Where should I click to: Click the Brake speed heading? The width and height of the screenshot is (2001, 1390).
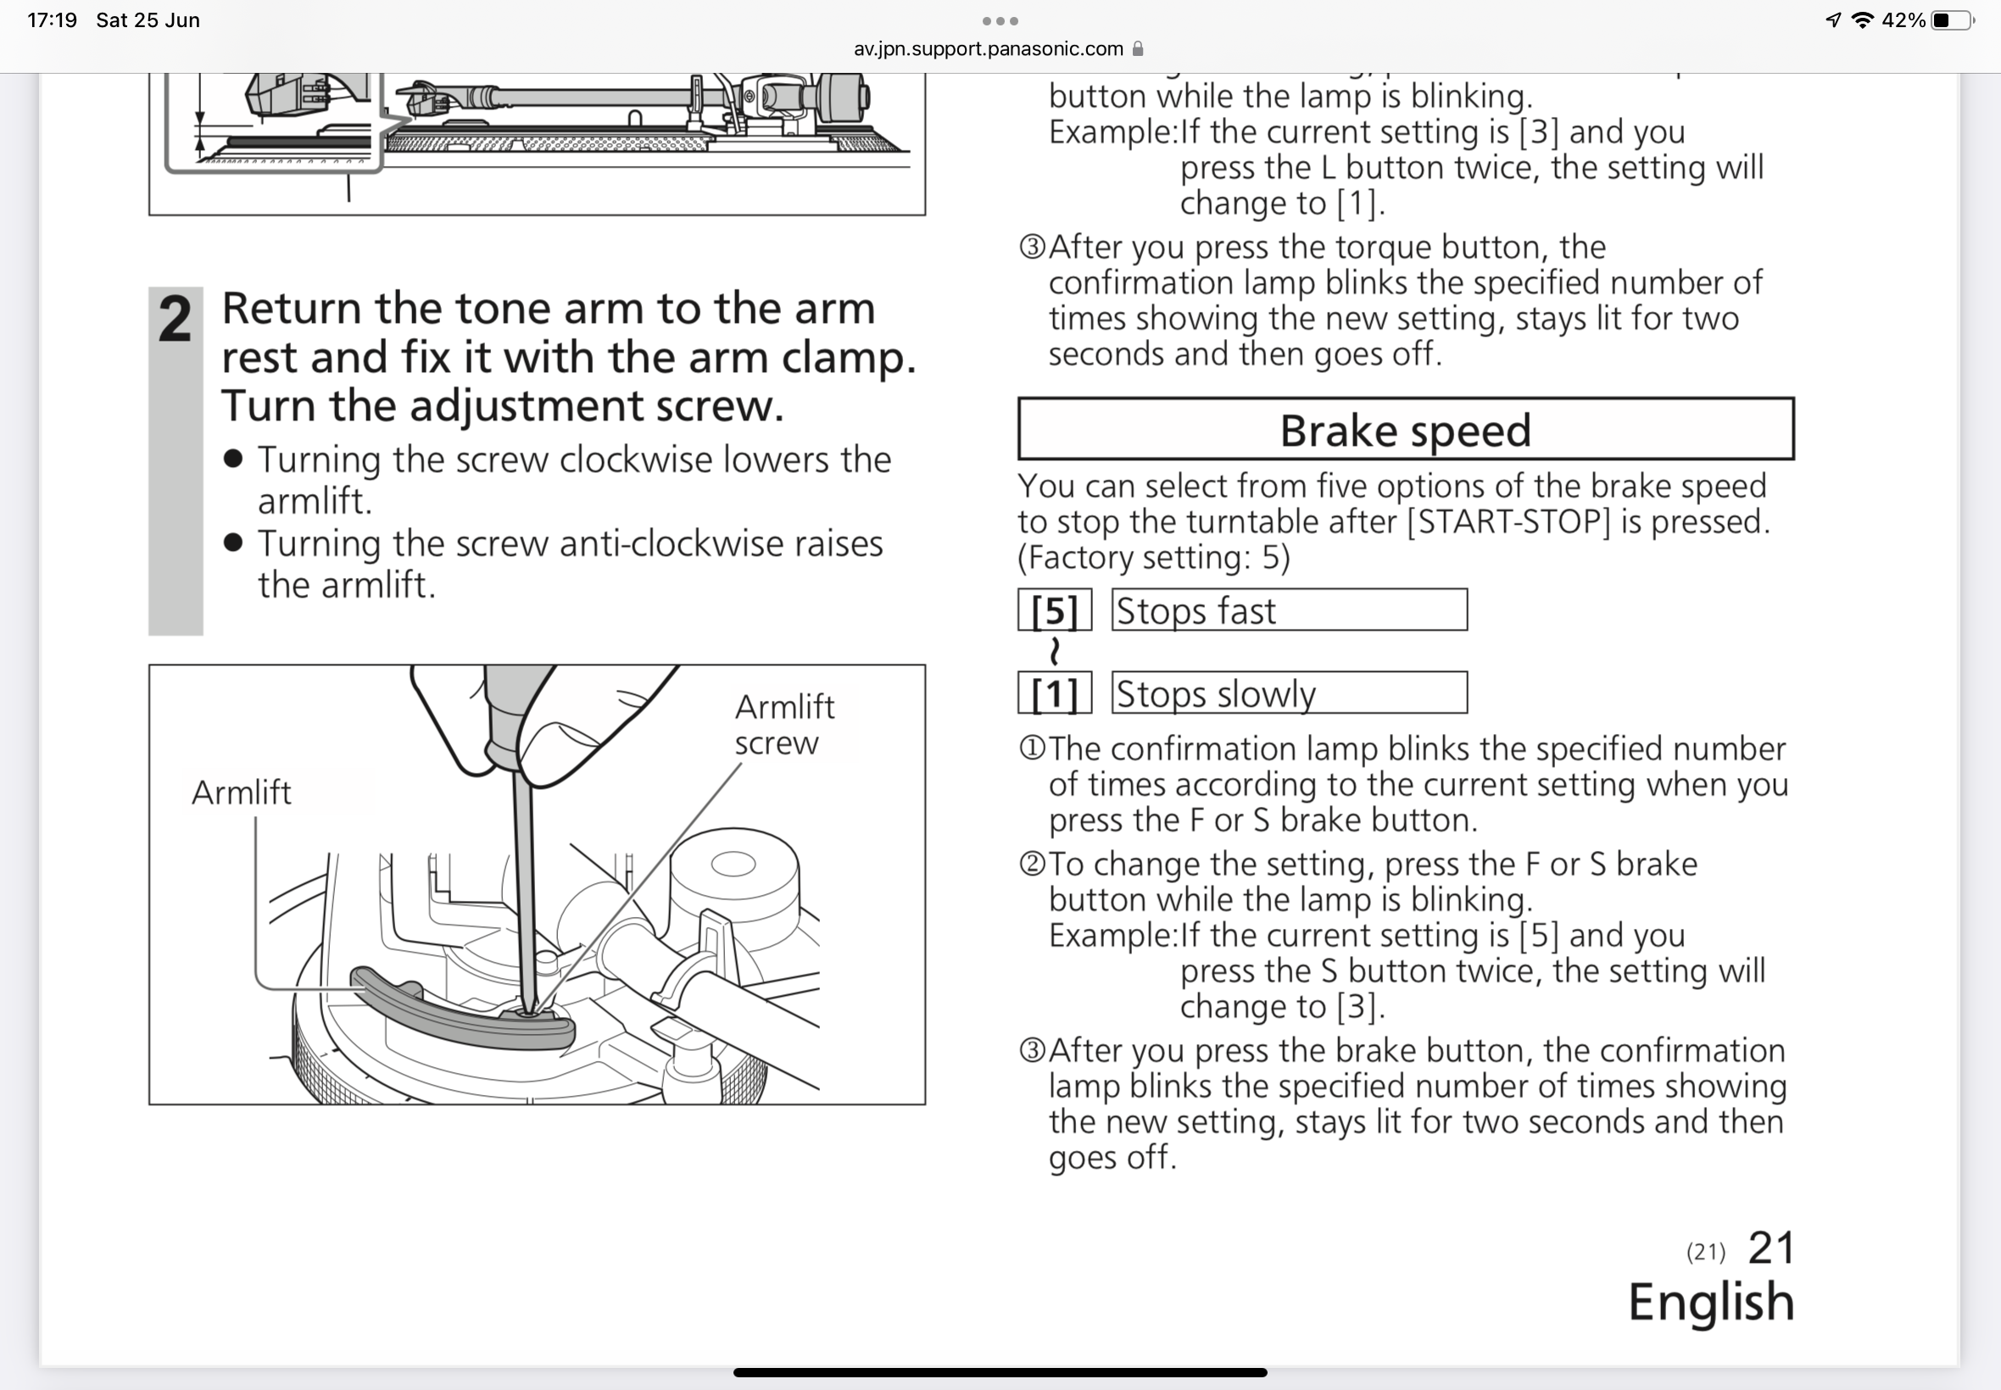[1404, 431]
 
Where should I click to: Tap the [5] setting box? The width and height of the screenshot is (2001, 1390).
[1054, 610]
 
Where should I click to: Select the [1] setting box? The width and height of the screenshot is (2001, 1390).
[1054, 694]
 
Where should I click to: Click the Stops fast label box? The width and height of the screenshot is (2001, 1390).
[1289, 610]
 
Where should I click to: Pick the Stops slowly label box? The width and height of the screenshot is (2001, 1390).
[1289, 694]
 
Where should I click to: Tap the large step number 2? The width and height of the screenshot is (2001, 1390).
[176, 319]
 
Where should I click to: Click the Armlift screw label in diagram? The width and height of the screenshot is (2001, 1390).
[783, 725]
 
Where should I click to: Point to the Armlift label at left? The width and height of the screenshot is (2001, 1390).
[242, 792]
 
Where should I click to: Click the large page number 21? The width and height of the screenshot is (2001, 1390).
[1770, 1248]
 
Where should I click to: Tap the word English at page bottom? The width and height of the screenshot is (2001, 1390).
[1711, 1302]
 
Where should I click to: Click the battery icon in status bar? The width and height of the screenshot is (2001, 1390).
[1951, 20]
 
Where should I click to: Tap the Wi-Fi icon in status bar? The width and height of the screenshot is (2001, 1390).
[1862, 20]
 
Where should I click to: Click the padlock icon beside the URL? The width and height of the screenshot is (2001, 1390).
[1137, 49]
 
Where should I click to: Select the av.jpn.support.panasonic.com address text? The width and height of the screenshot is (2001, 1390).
[988, 49]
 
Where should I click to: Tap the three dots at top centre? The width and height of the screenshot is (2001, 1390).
[1000, 20]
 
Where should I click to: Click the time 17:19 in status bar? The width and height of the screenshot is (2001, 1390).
[53, 20]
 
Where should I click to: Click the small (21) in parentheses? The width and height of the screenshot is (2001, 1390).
[1705, 1253]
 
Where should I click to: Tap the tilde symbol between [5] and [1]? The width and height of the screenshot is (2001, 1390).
[1055, 652]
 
